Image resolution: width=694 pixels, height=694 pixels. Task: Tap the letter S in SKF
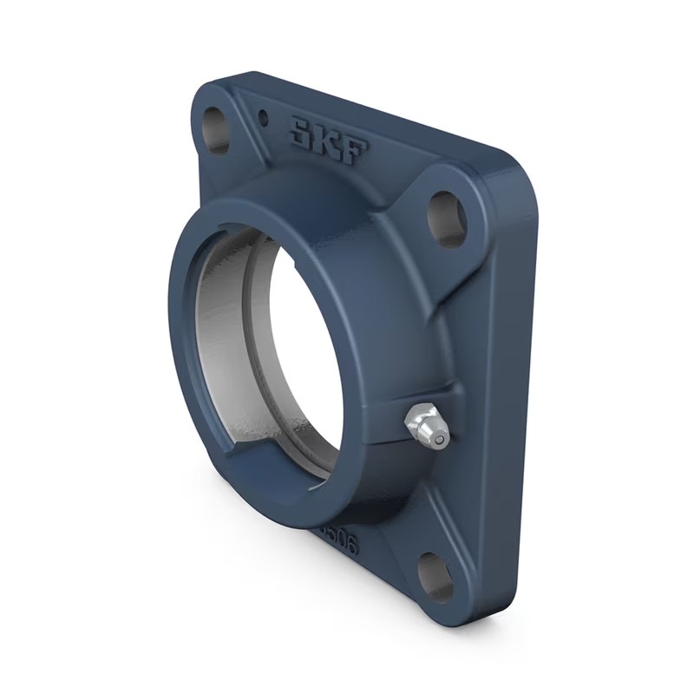point(302,134)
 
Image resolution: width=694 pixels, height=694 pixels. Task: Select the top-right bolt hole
point(448,216)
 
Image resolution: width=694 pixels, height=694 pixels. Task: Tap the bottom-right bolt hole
point(435,577)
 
